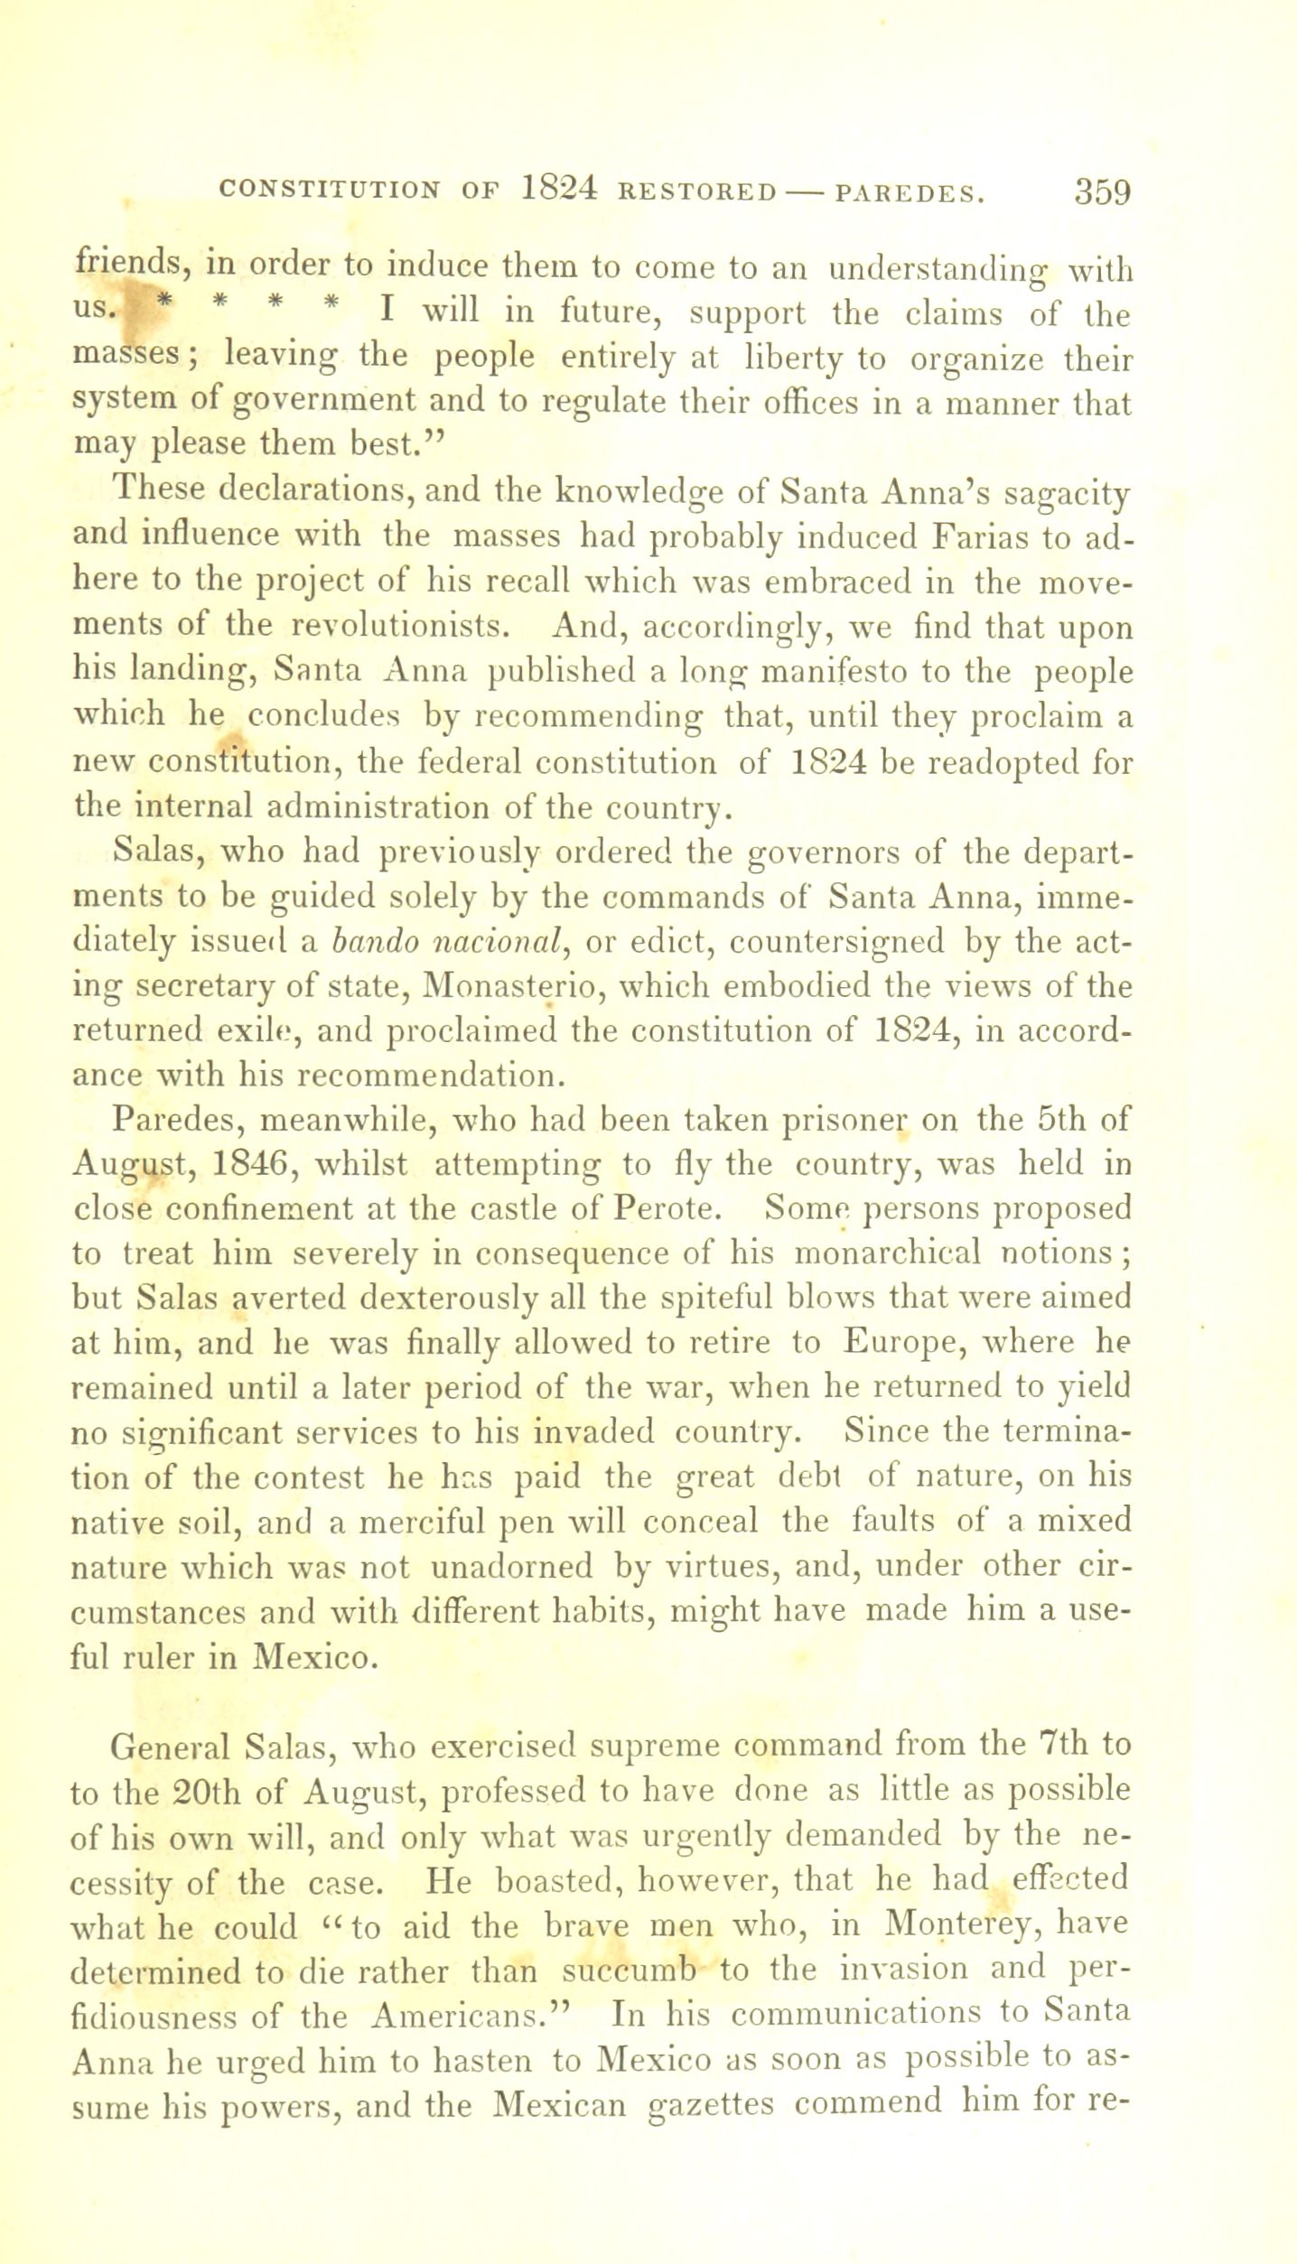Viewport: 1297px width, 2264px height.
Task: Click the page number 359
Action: [1102, 192]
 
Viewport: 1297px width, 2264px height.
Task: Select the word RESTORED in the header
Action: [697, 193]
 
